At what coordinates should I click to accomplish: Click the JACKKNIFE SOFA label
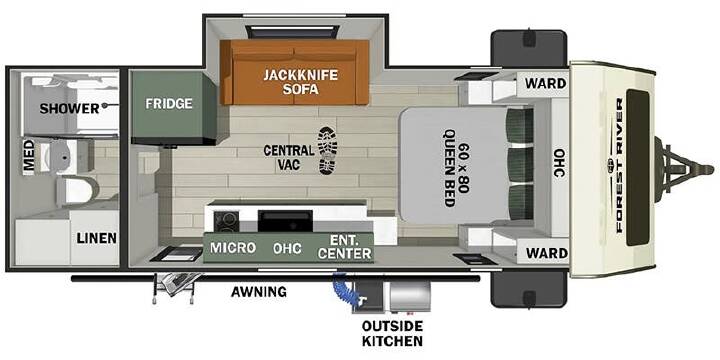(x=300, y=81)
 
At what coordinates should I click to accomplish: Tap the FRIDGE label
(x=169, y=103)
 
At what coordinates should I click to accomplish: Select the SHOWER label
(x=69, y=109)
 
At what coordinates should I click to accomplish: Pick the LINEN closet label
(x=96, y=238)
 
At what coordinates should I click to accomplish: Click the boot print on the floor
(x=327, y=151)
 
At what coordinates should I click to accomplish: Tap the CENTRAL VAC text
(x=289, y=158)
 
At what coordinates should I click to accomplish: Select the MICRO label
(x=233, y=248)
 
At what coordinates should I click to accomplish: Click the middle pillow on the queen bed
(x=520, y=165)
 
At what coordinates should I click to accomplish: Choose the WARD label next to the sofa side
(x=546, y=84)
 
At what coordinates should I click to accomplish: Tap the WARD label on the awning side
(x=546, y=253)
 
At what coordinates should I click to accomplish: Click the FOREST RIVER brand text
(x=619, y=165)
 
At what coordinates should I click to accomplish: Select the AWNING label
(x=259, y=291)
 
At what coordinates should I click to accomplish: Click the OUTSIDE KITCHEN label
(x=392, y=333)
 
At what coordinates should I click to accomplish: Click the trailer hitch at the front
(x=683, y=169)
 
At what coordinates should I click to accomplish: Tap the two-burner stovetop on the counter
(x=226, y=221)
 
